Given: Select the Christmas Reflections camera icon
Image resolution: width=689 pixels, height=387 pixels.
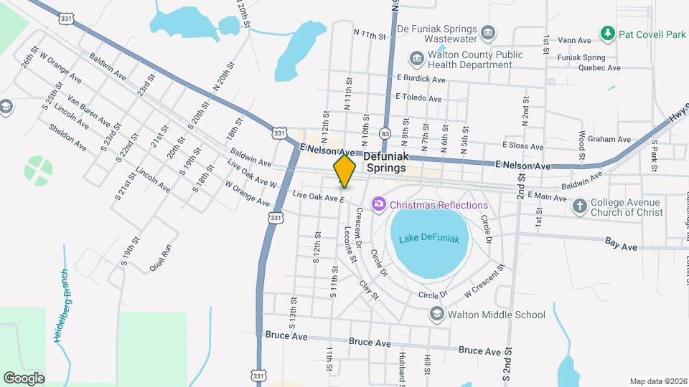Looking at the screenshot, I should tap(378, 206).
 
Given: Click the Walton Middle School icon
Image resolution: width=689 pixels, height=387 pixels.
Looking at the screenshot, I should tap(436, 315).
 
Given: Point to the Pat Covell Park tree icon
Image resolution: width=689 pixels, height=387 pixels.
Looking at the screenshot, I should tap(608, 33).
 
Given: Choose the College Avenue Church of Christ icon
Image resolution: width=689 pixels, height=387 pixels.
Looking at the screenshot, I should tap(579, 207).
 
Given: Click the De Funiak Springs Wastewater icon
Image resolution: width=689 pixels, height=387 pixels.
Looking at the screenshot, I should tap(488, 32).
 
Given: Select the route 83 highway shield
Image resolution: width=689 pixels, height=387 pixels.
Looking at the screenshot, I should tap(386, 133).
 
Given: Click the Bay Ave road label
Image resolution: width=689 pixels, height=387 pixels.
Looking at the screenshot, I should tap(621, 246).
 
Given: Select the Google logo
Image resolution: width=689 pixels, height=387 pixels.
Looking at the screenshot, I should tap(24, 377).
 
